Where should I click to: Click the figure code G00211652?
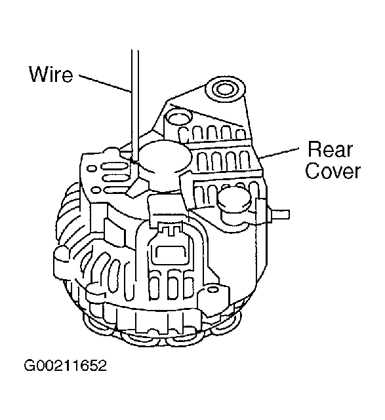pyautogui.click(x=65, y=365)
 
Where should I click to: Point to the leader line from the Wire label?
pyautogui.click(x=104, y=83)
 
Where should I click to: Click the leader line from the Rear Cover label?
pyautogui.click(x=279, y=153)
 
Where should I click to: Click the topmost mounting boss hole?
pyautogui.click(x=225, y=88)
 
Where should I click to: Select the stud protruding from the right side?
pyautogui.click(x=279, y=214)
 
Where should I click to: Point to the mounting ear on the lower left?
pyautogui.click(x=62, y=261)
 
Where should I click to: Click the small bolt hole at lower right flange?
pyautogui.click(x=213, y=290)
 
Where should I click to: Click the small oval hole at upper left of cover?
pyautogui.click(x=92, y=168)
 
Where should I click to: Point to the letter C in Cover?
pyautogui.click(x=312, y=170)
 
